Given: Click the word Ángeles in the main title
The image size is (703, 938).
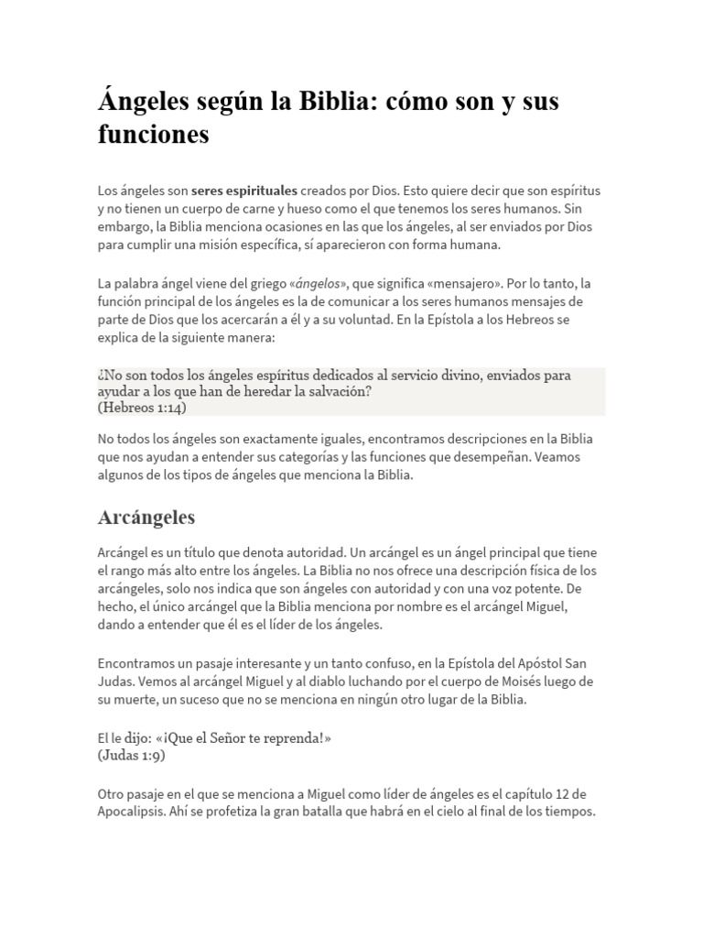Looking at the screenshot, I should coord(142,102).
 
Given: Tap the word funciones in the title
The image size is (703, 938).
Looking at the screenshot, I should coord(153,136).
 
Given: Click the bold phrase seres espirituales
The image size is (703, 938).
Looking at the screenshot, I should coord(244,191).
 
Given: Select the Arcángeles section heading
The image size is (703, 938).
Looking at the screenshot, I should coord(146,518).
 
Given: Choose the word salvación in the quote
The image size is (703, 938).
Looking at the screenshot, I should coord(338,391).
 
